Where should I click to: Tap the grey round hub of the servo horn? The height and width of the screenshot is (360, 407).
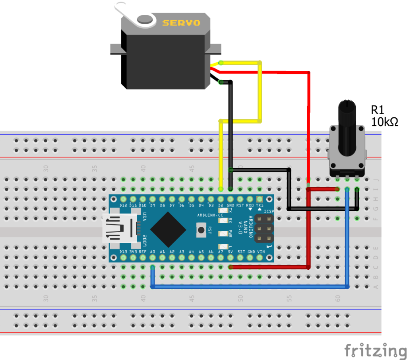(x=145, y=19)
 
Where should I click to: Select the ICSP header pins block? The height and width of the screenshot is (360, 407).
(x=264, y=229)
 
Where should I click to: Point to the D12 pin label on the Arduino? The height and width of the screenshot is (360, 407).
(x=123, y=205)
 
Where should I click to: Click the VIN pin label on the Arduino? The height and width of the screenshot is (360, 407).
(x=260, y=252)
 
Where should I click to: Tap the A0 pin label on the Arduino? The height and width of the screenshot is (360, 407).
(x=152, y=252)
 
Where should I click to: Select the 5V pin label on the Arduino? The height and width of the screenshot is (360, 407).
(x=231, y=252)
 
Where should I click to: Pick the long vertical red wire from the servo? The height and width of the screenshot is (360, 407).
(x=308, y=127)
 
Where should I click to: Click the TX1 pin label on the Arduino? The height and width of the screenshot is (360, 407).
(x=260, y=205)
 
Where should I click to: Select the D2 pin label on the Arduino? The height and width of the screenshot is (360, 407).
(x=221, y=205)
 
